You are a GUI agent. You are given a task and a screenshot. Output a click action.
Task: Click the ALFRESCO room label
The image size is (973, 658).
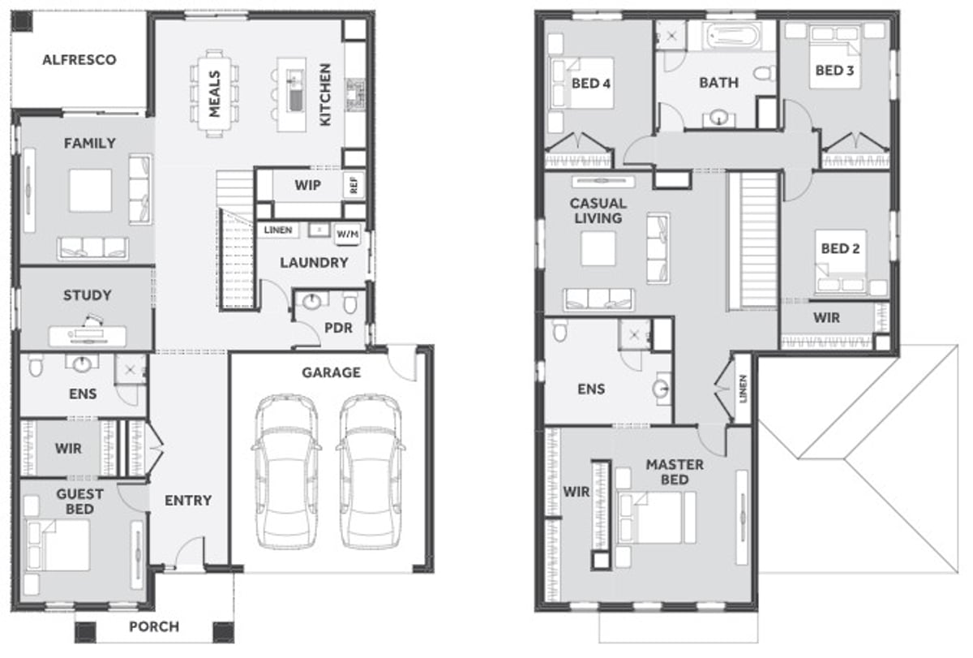[79, 59]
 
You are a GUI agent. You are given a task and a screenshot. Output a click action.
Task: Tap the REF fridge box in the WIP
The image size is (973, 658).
[354, 185]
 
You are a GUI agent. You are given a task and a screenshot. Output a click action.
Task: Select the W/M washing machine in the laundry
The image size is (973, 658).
[348, 234]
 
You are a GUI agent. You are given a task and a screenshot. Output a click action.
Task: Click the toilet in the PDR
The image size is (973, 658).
[350, 302]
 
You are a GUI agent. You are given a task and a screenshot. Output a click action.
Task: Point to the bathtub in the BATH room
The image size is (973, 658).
[733, 37]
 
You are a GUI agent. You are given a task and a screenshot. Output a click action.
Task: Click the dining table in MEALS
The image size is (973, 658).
[215, 93]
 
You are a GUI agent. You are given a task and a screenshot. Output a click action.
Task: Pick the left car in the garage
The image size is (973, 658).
[286, 471]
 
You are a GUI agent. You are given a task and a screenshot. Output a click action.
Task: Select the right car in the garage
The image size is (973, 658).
[371, 471]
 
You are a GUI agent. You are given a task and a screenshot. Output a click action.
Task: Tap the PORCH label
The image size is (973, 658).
[154, 626]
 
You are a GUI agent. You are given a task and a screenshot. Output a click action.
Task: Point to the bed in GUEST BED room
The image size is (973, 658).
[58, 545]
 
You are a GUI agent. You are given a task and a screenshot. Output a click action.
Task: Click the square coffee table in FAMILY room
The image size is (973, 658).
[90, 191]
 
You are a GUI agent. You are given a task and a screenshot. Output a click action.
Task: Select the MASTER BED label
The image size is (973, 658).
[675, 472]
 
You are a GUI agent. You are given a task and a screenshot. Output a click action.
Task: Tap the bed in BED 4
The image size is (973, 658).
[582, 83]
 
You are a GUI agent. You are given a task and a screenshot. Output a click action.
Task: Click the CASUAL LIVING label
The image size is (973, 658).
[598, 211]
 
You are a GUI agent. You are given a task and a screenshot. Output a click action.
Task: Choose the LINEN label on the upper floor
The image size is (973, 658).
[743, 389]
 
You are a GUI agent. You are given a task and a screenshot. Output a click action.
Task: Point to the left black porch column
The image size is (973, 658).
[85, 632]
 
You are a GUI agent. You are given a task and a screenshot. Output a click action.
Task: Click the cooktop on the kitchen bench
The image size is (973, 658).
[355, 94]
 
